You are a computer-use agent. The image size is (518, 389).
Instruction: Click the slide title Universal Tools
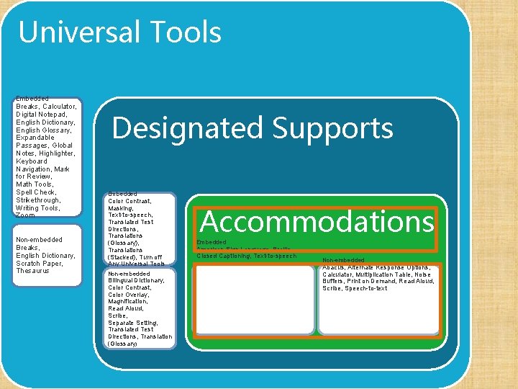point(119,32)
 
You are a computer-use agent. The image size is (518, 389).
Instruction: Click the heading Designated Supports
point(253,128)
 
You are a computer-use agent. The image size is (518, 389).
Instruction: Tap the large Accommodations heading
point(317,221)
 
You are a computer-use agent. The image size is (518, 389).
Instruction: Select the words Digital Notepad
point(42,114)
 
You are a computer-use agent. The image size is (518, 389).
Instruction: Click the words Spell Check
point(36,192)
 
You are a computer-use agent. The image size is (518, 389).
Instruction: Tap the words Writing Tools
point(37,208)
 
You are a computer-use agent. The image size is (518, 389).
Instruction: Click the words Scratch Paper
point(40,263)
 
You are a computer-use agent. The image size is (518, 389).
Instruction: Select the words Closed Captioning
point(224,256)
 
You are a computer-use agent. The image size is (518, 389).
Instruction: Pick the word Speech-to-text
point(366,288)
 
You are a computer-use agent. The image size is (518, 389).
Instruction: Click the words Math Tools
point(35,184)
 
